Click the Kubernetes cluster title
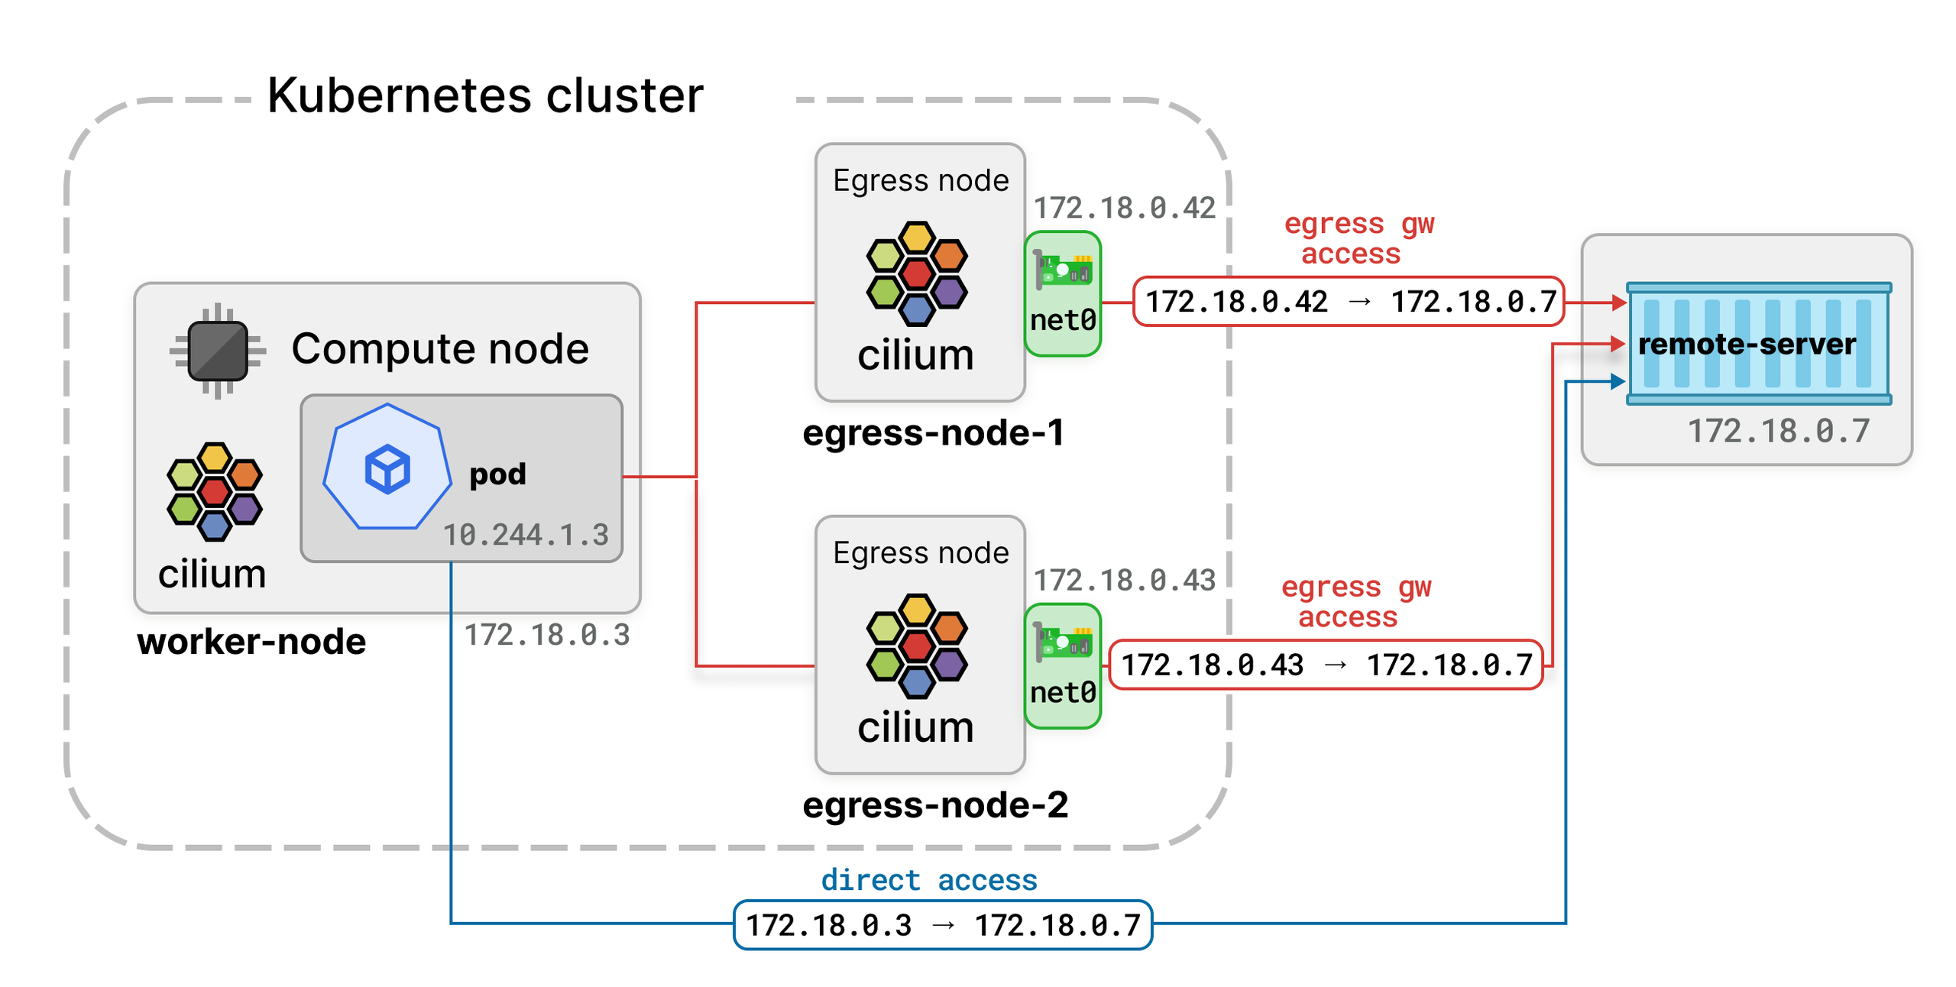(x=484, y=96)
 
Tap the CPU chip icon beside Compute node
(x=218, y=351)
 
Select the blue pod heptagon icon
(x=387, y=468)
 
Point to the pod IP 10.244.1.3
(x=526, y=535)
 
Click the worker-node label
(x=251, y=642)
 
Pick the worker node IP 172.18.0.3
(x=547, y=635)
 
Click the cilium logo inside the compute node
(x=215, y=492)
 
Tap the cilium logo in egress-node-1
(x=917, y=273)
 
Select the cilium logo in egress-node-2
(x=917, y=646)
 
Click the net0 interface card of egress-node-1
(x=1062, y=294)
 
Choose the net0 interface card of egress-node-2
(x=1062, y=666)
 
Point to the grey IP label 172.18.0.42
(x=1124, y=208)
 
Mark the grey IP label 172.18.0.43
(x=1124, y=581)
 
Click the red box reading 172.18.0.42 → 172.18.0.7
(x=1349, y=302)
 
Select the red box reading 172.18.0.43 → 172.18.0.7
(x=1326, y=665)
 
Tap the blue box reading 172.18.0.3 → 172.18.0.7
(x=943, y=925)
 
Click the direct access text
(x=929, y=880)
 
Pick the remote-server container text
(x=1747, y=344)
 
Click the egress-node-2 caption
(x=935, y=805)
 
